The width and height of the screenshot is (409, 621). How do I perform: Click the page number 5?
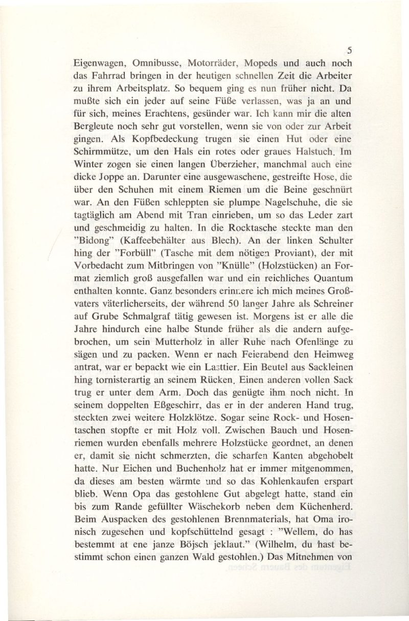(349, 51)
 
